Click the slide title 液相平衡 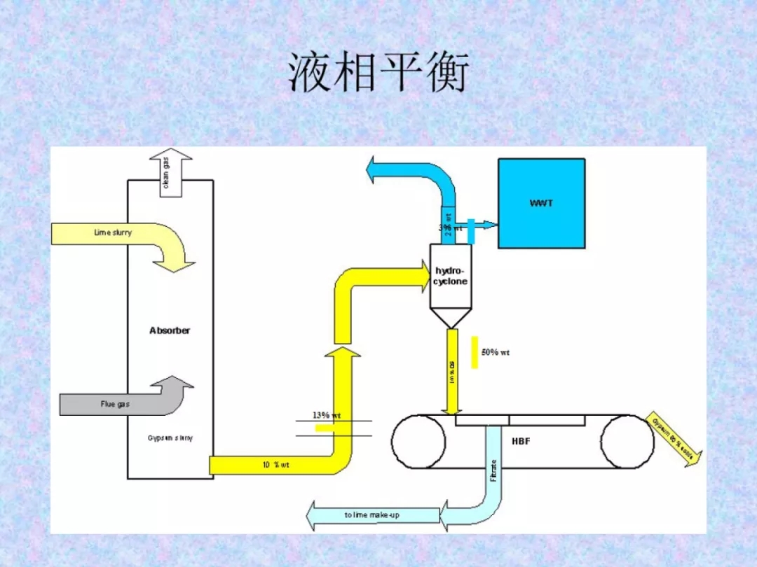coord(378,73)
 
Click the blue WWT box coord(541,204)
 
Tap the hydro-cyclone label coord(450,276)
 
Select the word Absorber coord(170,330)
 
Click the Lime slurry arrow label coord(113,232)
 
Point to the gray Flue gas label coord(115,404)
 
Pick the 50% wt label coord(496,352)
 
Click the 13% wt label coord(327,415)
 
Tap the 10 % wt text coord(276,465)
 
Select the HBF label coord(521,442)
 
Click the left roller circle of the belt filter coord(418,442)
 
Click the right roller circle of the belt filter coord(627,442)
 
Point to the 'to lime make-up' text coord(371,515)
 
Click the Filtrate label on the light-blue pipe coord(493,470)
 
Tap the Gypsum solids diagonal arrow coord(674,438)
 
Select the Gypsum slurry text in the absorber coord(170,438)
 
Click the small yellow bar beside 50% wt coord(475,352)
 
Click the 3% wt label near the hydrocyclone coord(450,227)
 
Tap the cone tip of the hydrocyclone coord(450,325)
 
